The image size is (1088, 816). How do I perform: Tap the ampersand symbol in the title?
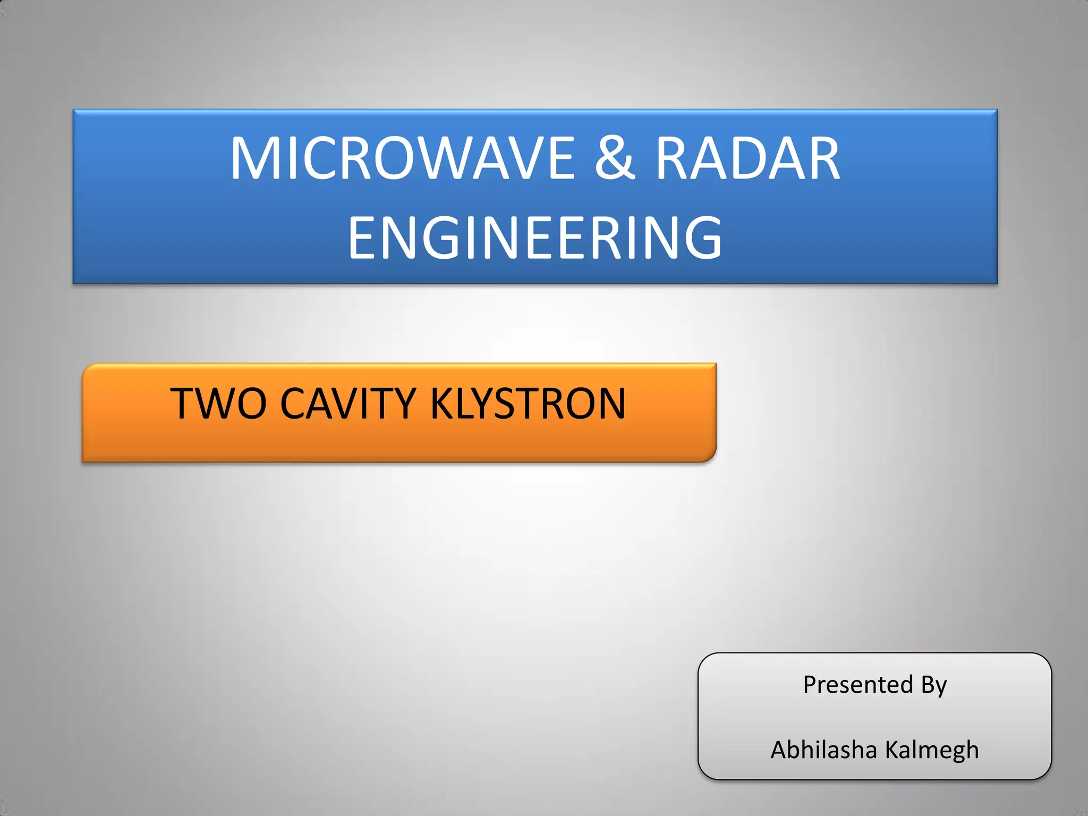(x=615, y=158)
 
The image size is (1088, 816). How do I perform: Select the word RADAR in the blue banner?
(x=748, y=158)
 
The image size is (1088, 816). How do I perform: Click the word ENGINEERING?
(x=535, y=237)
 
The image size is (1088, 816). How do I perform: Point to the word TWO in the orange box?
(x=218, y=403)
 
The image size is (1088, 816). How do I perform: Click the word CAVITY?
(x=348, y=403)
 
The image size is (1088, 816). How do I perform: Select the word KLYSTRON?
(x=528, y=403)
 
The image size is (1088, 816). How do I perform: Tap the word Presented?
(x=858, y=684)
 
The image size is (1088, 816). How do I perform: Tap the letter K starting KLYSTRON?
(x=440, y=403)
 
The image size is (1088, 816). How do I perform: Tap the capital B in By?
(x=928, y=684)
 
